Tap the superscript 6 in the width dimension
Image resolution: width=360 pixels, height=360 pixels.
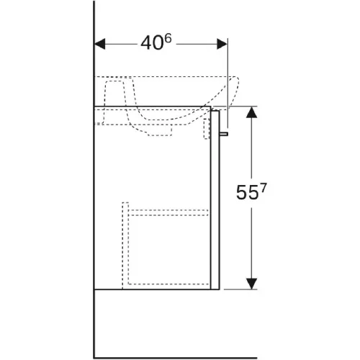pos(168,39)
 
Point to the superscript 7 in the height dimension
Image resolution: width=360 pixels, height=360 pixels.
pos(263,188)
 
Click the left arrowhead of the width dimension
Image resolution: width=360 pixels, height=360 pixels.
pos(99,44)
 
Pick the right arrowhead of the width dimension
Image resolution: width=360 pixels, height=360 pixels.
pos(222,44)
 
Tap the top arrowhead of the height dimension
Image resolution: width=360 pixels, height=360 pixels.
pos(251,112)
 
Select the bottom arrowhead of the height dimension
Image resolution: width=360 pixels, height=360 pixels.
pos(251,284)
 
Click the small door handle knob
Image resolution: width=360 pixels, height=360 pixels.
pos(223,134)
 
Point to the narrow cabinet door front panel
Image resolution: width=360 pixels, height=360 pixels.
pos(215,200)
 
